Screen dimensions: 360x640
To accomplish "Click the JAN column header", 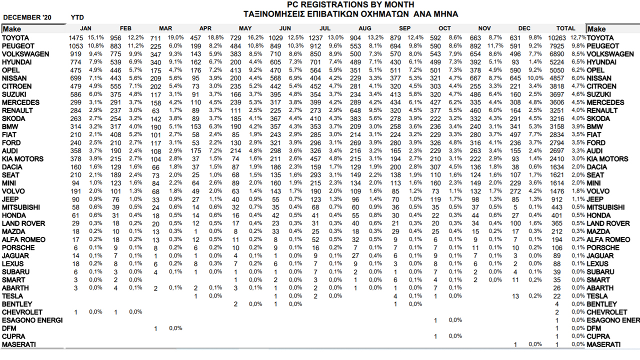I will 85,28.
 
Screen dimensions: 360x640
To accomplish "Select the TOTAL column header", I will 565,28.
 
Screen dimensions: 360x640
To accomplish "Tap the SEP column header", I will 405,28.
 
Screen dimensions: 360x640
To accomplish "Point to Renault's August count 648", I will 355,110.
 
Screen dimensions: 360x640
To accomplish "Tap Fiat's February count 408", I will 115,134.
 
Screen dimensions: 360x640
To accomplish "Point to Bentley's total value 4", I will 556,304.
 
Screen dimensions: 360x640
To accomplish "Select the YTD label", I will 77,17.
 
